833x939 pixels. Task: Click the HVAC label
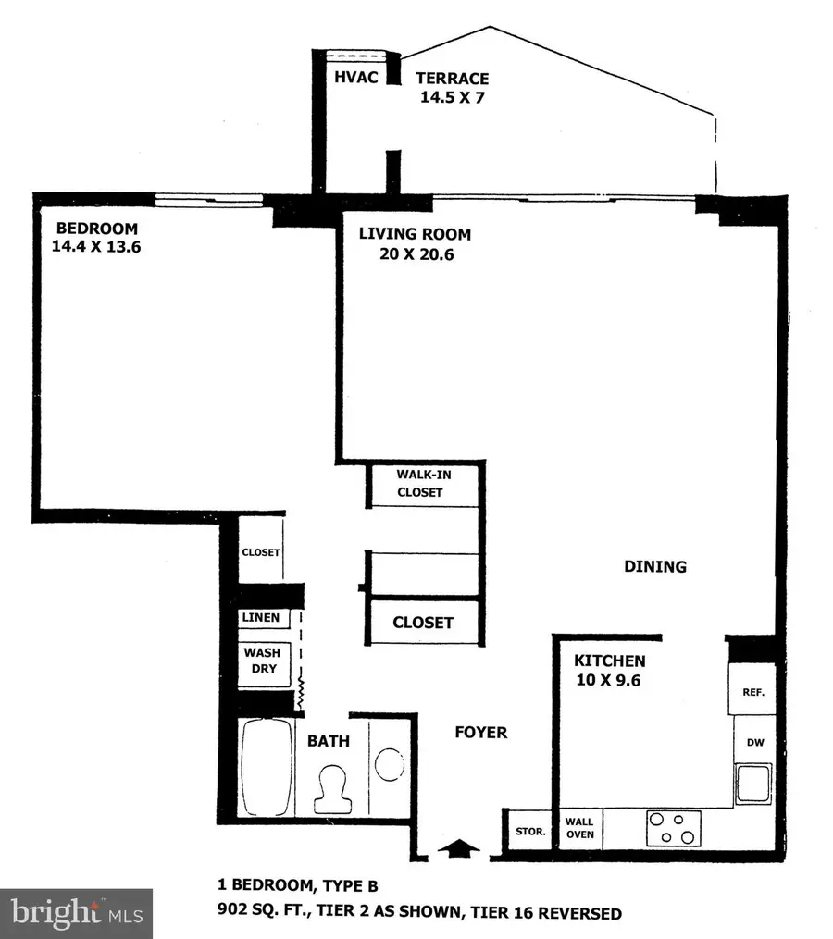pyautogui.click(x=355, y=78)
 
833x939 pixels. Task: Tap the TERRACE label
pyautogui.click(x=452, y=79)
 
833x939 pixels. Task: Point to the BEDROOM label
pyautogui.click(x=97, y=229)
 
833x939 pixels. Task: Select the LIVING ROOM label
pyautogui.click(x=415, y=234)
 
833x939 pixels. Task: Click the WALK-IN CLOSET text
pyautogui.click(x=419, y=483)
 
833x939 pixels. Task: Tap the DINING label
pyautogui.click(x=654, y=566)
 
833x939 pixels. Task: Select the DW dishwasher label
pyautogui.click(x=751, y=742)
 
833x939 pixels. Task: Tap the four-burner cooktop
pyautogui.click(x=673, y=825)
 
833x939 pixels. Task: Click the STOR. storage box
pyautogui.click(x=529, y=830)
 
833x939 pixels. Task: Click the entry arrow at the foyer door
pyautogui.click(x=460, y=846)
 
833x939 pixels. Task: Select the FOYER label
pyautogui.click(x=481, y=733)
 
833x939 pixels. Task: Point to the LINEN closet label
pyautogui.click(x=261, y=618)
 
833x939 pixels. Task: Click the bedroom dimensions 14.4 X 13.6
pyautogui.click(x=97, y=247)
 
